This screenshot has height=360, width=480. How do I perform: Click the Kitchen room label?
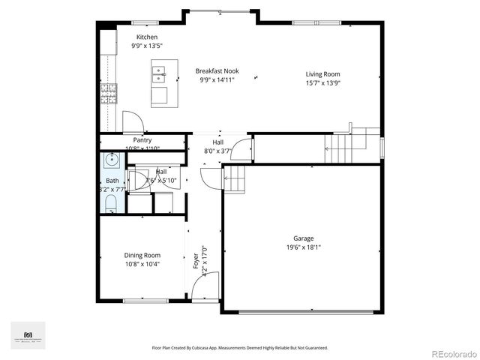(147, 37)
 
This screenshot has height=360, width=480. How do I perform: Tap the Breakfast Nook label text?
(217, 71)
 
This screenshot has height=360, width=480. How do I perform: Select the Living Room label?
(323, 74)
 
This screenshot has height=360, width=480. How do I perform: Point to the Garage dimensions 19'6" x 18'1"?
(304, 247)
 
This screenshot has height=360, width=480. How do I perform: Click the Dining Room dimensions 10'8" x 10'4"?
(142, 264)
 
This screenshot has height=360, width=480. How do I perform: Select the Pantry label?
(142, 140)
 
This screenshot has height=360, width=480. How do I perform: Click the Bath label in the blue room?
(112, 181)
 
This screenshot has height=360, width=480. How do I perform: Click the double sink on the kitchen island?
(159, 73)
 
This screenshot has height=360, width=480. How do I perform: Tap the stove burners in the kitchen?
(110, 93)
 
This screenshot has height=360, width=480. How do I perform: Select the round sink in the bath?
(112, 160)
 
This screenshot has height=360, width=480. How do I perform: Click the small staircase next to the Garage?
(235, 179)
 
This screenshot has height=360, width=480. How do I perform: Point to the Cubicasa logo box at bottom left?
(28, 334)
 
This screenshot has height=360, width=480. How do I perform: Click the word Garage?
(304, 238)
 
